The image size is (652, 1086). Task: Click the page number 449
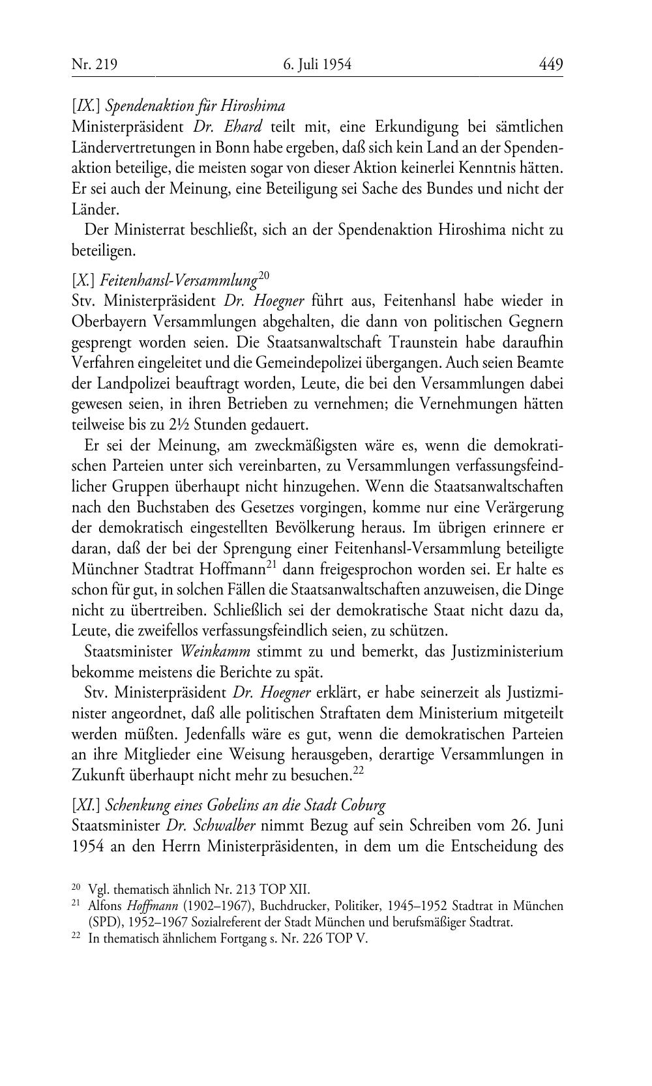[550, 65]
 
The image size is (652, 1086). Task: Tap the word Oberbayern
[111, 322]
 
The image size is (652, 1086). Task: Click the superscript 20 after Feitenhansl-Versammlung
[264, 276]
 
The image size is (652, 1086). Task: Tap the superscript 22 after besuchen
[358, 770]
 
